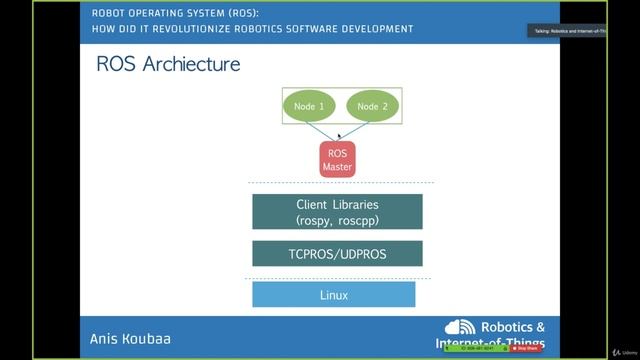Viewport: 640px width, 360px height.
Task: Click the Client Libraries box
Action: [x=337, y=211]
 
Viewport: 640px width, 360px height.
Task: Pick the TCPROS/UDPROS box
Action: [x=337, y=254]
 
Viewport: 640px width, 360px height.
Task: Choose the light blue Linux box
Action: [x=333, y=295]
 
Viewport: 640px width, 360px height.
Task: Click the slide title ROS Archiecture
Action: [x=168, y=65]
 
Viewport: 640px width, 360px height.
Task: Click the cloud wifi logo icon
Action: [x=461, y=328]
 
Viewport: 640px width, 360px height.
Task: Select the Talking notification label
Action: [x=567, y=31]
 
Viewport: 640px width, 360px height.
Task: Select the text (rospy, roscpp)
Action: [x=337, y=219]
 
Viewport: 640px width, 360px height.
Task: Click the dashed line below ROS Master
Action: [x=340, y=183]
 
